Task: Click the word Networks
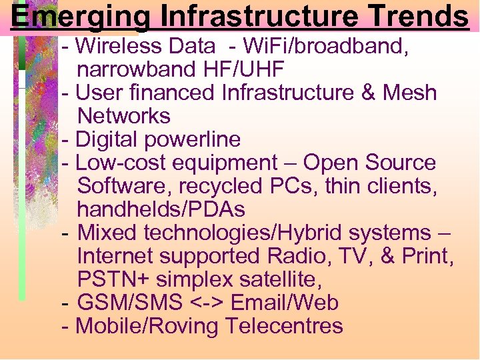pos(124,116)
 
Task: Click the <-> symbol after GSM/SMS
pos(207,303)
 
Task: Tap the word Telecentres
pos(284,326)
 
